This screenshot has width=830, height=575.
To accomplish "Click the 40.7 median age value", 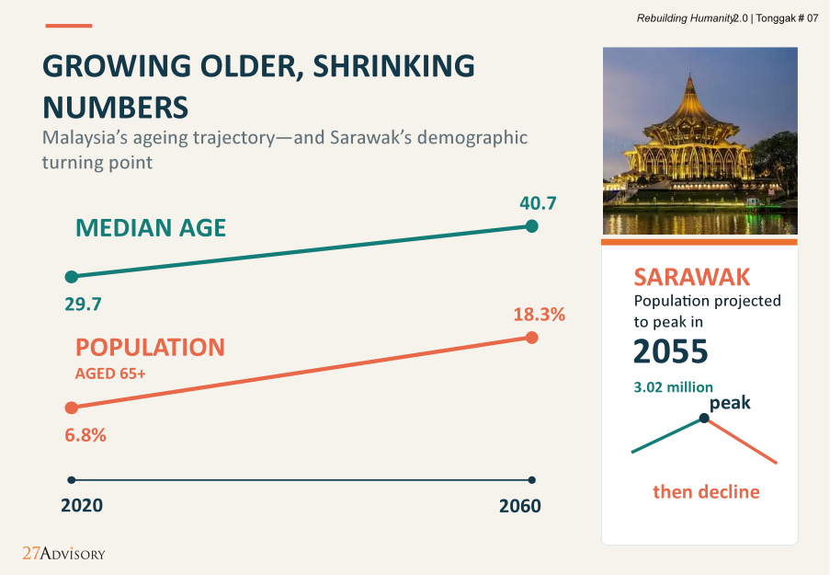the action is pos(538,203).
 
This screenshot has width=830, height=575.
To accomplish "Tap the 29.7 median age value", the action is pos(83,305).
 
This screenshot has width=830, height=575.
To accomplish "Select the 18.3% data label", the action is pos(539,315).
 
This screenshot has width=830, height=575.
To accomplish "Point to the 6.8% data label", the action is pos(85,435).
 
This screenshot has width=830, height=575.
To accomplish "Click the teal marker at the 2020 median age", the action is pos(72,277).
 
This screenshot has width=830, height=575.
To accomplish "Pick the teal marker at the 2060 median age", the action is pos(532,226).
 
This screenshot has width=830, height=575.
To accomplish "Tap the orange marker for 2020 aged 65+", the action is pos(72,408).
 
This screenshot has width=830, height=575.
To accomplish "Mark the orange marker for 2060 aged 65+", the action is pos(532,338).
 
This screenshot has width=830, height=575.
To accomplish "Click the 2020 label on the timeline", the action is pos(82,506).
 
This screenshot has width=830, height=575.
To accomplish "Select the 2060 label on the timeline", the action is pos(520,506).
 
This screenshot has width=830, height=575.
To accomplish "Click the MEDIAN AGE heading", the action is pos(151,228).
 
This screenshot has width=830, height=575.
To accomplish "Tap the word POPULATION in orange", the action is pos(151,348).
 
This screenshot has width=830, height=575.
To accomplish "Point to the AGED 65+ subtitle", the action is pos(110,374).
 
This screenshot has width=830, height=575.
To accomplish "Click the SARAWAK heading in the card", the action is pos(692,277).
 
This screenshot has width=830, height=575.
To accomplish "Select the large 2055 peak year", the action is pos(671,351).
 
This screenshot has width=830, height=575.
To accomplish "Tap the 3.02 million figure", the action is pos(674,387).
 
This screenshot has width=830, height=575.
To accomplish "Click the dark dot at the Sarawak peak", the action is pos(704,418).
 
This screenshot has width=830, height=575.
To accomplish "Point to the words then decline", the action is pos(706,492).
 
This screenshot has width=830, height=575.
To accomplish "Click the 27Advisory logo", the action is pos(63,553).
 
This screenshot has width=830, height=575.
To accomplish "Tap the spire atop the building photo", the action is pos(689,85).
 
